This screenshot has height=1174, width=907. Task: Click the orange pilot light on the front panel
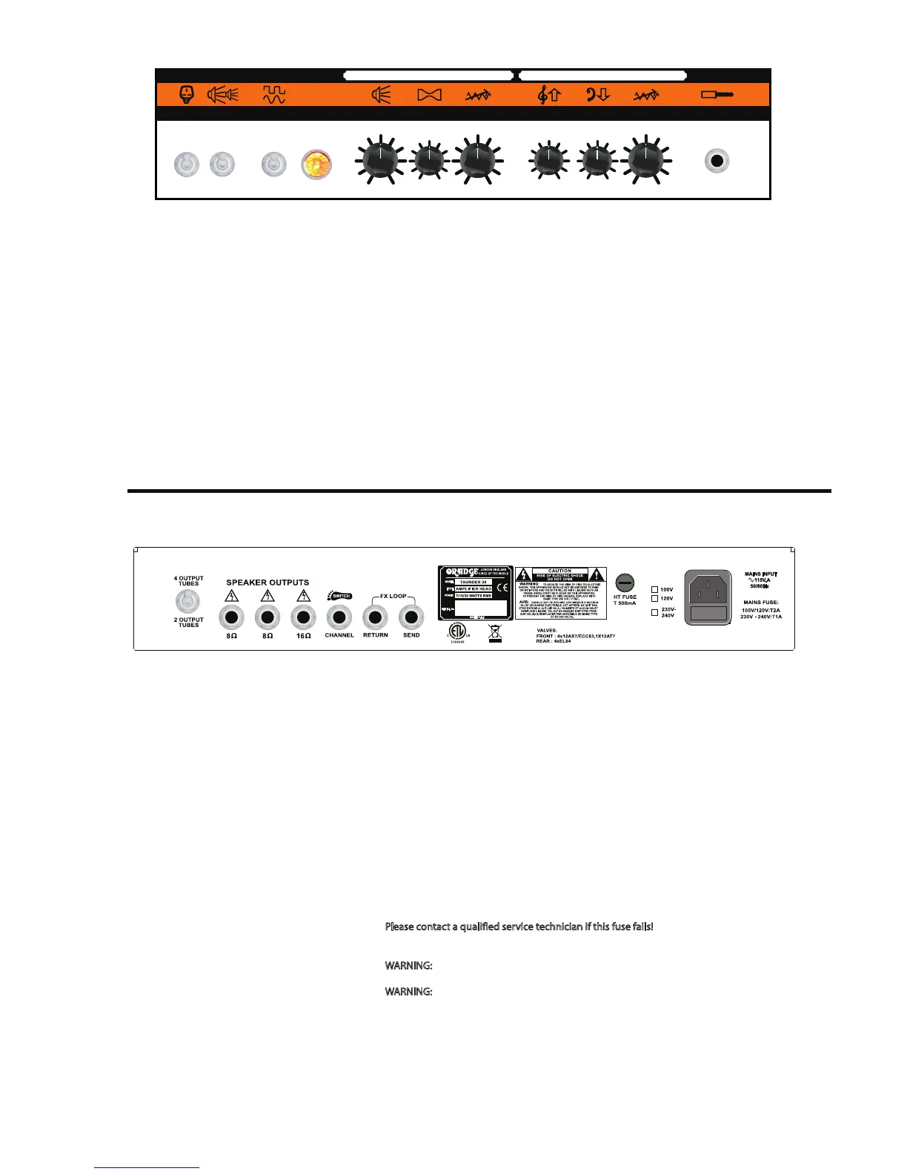pos(316,165)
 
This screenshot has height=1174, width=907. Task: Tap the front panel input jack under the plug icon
pos(717,161)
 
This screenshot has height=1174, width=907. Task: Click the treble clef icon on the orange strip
pos(548,95)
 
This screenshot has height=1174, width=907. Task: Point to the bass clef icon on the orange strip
pos(597,95)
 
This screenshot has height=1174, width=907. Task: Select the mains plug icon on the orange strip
pos(187,94)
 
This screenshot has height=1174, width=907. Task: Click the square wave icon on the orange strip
pos(274,95)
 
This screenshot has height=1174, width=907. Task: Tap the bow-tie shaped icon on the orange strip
pos(430,95)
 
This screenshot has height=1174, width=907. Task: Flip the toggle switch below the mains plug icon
pos(187,164)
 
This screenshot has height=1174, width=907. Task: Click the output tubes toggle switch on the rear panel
pos(187,602)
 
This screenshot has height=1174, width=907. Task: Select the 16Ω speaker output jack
pos(303,617)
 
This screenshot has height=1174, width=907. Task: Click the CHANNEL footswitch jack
pos(339,617)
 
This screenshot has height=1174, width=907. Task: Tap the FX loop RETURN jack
pos(375,617)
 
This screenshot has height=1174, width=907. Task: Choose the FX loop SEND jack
pos(411,617)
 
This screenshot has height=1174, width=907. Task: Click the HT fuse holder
pos(625,583)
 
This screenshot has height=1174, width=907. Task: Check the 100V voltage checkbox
pos(654,590)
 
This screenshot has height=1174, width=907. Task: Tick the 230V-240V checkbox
pos(654,612)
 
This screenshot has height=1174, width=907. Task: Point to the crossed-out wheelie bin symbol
pos(494,632)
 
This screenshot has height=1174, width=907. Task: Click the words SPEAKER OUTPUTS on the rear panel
pos(268,583)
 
